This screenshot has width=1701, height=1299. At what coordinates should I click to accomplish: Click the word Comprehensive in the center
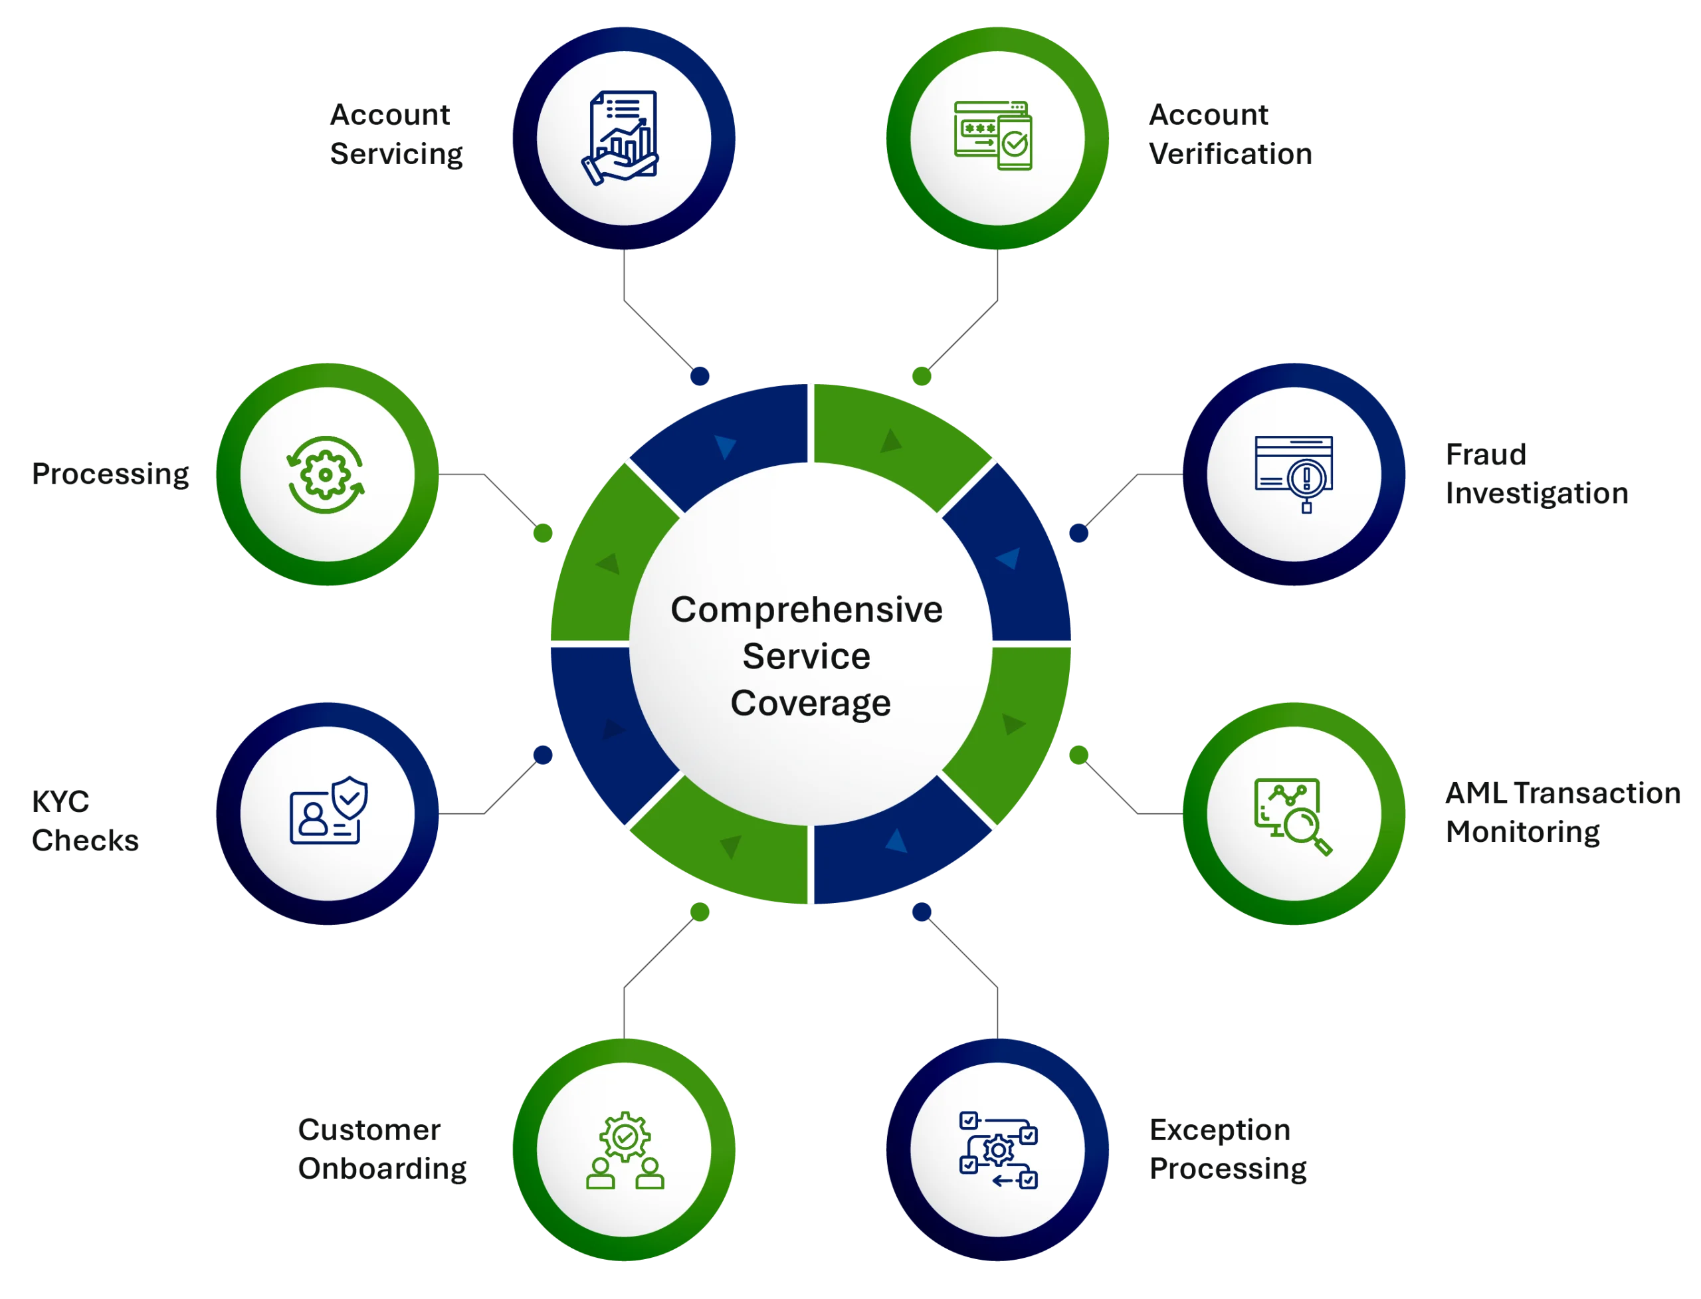(807, 610)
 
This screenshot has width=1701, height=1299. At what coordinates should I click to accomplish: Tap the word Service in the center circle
(807, 656)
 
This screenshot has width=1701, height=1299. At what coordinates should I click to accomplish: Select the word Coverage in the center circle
(810, 703)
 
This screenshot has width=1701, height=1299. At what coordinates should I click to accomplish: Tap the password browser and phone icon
(994, 137)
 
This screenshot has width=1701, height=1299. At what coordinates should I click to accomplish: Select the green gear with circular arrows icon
(326, 475)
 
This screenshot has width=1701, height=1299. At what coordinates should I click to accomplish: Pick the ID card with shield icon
(328, 811)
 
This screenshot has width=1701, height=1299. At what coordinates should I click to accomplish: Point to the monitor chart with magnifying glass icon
(1292, 816)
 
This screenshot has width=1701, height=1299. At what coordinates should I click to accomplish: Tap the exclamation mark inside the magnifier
(1306, 477)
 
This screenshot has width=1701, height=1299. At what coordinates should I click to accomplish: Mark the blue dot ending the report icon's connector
(700, 377)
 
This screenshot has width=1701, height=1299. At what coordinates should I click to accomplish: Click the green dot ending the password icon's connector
(922, 376)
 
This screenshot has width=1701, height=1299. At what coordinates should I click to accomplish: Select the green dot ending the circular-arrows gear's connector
(543, 533)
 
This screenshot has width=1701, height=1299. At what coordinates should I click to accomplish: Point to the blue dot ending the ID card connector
(543, 755)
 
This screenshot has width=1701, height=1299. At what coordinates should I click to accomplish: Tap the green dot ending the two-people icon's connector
(700, 912)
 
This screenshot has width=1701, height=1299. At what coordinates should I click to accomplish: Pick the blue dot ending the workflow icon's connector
(922, 912)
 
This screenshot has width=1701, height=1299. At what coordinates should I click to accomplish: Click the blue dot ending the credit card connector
(1078, 533)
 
